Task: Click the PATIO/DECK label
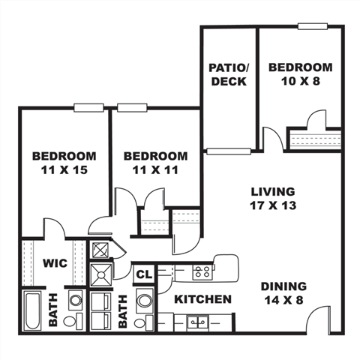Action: point(228,74)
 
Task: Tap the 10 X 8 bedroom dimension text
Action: point(300,81)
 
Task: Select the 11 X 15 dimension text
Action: point(64,170)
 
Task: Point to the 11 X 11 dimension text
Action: point(155,170)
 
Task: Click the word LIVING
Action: point(272,191)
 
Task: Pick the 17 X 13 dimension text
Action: point(272,205)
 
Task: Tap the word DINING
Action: point(284,286)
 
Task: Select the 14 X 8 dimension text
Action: point(284,300)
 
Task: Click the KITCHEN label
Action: point(202,299)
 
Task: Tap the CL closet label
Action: point(144,274)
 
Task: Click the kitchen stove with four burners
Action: point(200,271)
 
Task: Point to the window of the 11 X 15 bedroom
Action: point(88,107)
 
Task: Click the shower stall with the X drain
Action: point(100,275)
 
